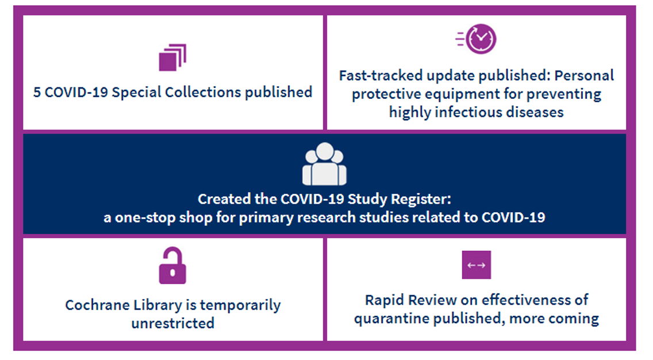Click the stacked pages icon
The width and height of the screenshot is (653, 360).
click(x=172, y=58)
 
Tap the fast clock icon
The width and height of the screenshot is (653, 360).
click(x=477, y=39)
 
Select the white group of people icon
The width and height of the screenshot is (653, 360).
click(x=324, y=164)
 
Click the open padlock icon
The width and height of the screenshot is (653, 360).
click(x=172, y=266)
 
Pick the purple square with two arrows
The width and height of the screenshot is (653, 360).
click(x=477, y=265)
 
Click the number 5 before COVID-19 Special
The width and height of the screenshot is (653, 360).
click(x=37, y=92)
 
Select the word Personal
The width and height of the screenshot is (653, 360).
click(x=584, y=75)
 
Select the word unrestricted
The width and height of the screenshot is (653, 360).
click(x=173, y=323)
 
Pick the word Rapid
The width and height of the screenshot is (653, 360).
click(x=385, y=300)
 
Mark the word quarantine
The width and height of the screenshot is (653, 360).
click(x=392, y=319)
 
